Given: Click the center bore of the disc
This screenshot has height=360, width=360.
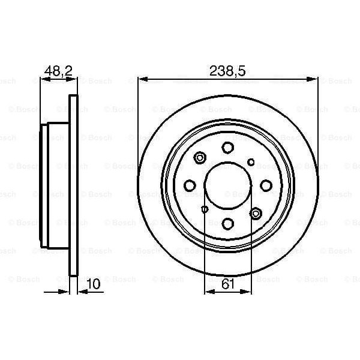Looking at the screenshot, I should point(228,185).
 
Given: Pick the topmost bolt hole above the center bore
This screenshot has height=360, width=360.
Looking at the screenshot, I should point(228,148).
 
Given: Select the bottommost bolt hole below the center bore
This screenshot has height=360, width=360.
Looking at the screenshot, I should point(228,223).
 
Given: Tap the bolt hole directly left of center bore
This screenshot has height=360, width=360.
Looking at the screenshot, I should point(190,185).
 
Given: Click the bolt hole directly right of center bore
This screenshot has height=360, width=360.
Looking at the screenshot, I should point(266,185).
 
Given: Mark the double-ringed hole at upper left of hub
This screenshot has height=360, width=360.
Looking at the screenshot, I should point(200,158).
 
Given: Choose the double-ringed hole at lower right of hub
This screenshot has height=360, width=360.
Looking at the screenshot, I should point(256,213).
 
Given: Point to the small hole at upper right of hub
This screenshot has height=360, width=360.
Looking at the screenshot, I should point(251,162).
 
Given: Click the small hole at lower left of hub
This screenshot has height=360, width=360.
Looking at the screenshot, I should point(205,209).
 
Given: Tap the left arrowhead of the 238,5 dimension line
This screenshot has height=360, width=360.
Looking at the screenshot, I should point(142,79).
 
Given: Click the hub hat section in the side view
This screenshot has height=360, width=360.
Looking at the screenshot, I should point(56,185).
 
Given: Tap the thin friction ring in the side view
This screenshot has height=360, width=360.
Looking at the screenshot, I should point(74,185).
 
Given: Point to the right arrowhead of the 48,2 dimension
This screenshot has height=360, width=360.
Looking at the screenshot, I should point(74,79).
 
